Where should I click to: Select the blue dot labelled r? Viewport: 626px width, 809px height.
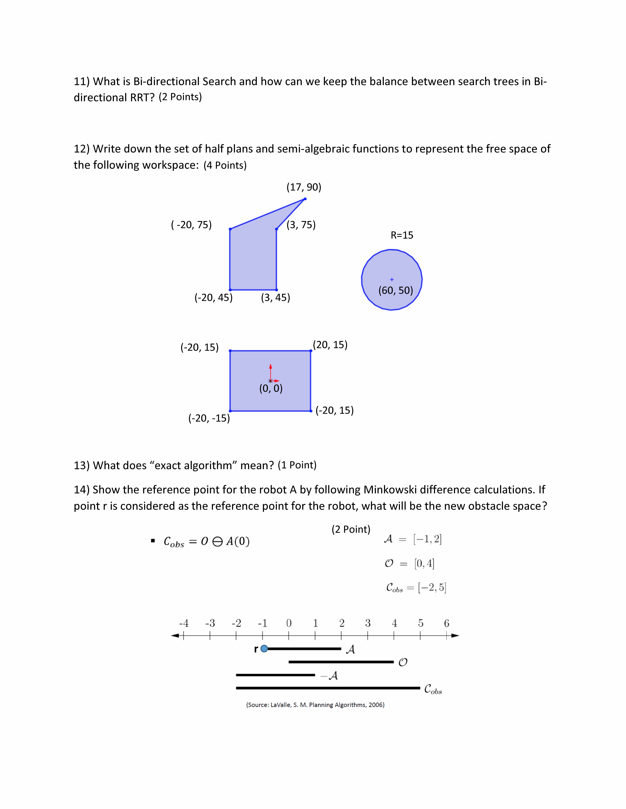pos(264,649)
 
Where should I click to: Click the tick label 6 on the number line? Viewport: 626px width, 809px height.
pos(447,623)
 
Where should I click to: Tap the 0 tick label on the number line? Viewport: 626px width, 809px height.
pos(289,623)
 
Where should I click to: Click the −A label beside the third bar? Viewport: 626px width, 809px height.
pos(329,676)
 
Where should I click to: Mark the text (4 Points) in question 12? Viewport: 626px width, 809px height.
pos(225,165)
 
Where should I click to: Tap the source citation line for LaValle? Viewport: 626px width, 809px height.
pos(315,705)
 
